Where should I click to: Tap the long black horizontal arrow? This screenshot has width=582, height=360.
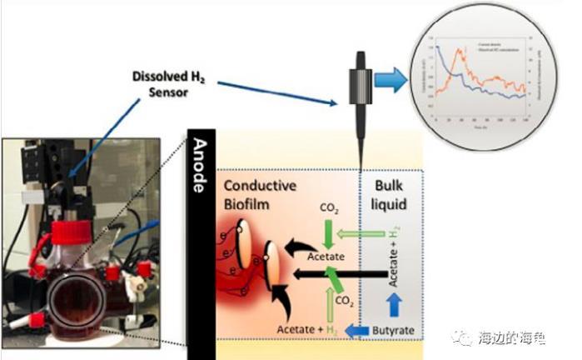(333, 271)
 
